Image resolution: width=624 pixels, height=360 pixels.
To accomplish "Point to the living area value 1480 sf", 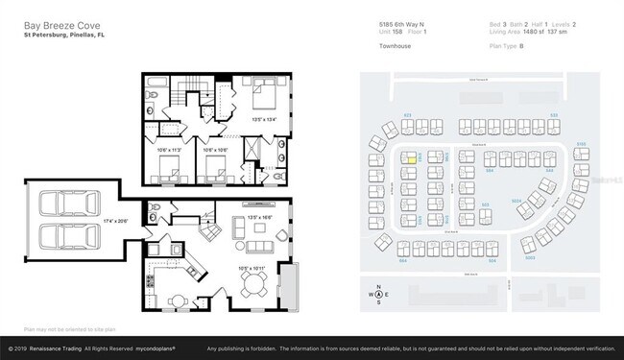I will click(x=526, y=32).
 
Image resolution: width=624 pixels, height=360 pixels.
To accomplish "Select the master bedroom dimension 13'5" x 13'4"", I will click(x=263, y=120).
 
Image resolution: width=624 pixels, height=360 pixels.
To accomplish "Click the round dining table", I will click(x=255, y=282).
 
